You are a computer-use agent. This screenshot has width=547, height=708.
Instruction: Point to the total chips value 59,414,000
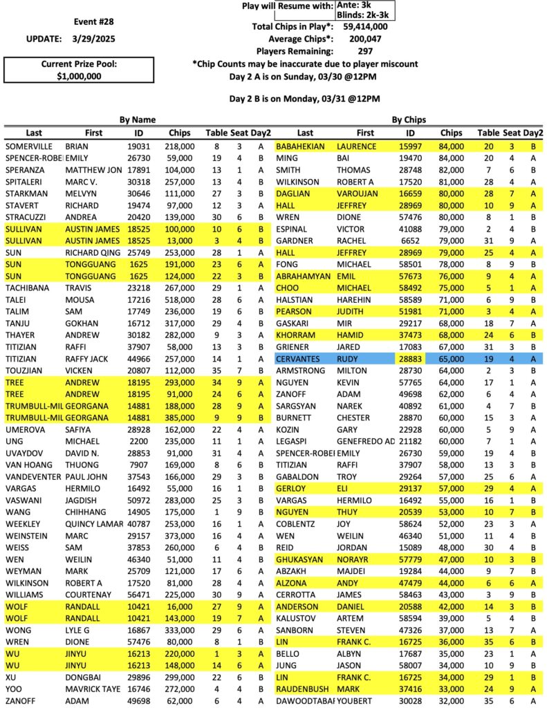[x=365, y=26]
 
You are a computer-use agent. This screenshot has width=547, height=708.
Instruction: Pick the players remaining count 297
[x=365, y=51]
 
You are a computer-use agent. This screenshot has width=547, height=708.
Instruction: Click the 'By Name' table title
[x=137, y=120]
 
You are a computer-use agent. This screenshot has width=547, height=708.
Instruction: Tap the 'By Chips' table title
[x=409, y=120]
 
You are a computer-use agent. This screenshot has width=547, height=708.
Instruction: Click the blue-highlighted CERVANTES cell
[x=298, y=359]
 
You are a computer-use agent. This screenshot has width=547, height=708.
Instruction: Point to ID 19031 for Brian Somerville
[x=138, y=147]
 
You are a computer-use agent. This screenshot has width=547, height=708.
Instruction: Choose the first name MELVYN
[x=82, y=194]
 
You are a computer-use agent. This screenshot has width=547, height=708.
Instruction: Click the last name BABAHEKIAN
[x=304, y=147]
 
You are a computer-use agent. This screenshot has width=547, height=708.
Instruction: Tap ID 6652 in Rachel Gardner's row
[x=410, y=241]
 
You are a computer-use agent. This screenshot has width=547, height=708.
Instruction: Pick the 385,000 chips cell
[x=179, y=418]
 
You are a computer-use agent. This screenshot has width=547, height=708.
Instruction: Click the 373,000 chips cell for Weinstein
[x=179, y=536]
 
